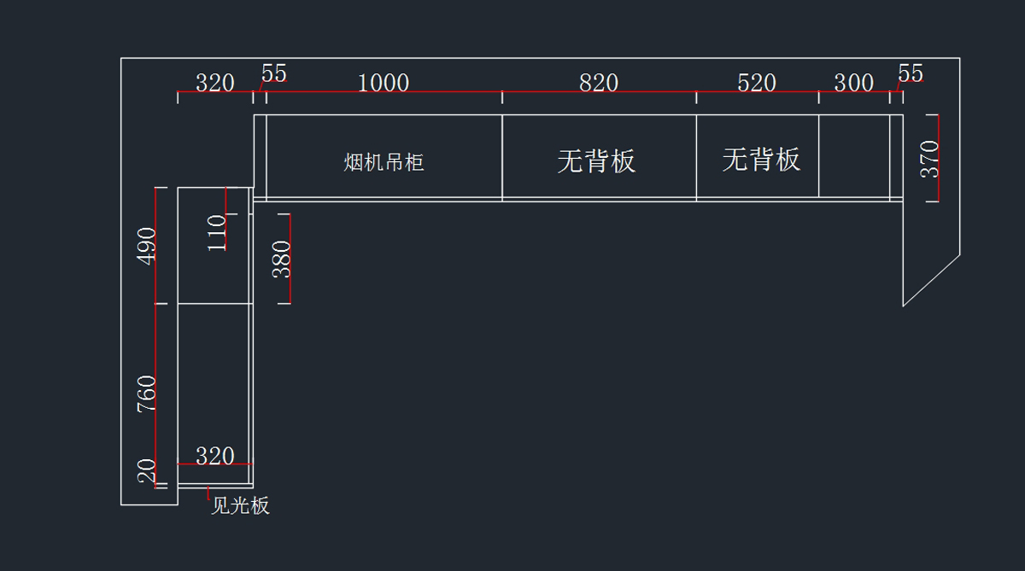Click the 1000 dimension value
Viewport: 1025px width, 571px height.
[x=384, y=83]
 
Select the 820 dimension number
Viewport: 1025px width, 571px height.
[x=598, y=83]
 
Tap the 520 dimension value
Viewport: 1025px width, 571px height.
[x=756, y=83]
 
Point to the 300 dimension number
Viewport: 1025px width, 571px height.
[x=853, y=83]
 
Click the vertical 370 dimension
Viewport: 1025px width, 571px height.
[x=929, y=158]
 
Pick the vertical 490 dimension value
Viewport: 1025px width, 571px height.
[x=147, y=245]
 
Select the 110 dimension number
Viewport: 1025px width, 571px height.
[x=217, y=232]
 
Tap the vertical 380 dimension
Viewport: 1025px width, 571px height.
[x=282, y=259]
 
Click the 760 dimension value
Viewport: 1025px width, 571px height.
[x=147, y=394]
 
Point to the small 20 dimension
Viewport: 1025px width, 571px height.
[x=147, y=470]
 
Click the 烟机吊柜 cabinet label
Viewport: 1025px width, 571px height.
[x=384, y=162]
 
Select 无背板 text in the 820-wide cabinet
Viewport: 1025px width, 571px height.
[x=596, y=160]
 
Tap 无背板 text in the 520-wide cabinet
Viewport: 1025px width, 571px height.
[x=760, y=159]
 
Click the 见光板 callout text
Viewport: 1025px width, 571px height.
[x=240, y=506]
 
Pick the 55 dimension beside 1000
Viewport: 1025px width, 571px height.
[x=273, y=74]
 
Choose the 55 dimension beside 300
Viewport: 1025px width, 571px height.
[x=911, y=74]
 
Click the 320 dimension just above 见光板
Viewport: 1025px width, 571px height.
[x=214, y=456]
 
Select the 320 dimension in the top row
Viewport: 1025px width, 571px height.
[x=214, y=83]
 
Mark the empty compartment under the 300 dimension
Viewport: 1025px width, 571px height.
[x=853, y=156]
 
